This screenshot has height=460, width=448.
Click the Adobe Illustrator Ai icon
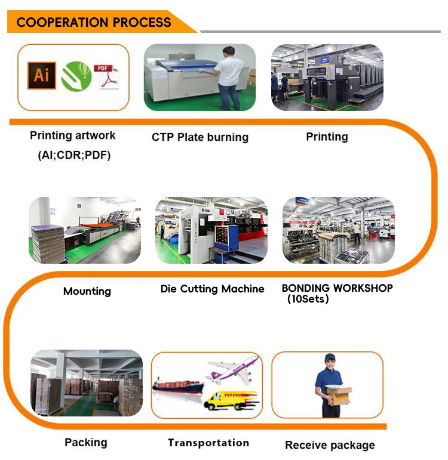[42, 76]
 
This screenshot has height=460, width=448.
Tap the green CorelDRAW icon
[76, 76]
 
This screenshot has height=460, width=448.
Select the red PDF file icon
[107, 76]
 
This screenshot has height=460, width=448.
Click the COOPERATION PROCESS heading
[94, 23]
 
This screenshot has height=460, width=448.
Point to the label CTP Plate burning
[200, 137]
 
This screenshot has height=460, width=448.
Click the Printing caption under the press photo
[327, 137]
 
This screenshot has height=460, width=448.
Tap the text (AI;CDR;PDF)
[70, 156]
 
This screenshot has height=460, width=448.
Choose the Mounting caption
[87, 291]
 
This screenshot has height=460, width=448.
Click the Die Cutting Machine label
[212, 289]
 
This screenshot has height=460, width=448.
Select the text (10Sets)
[308, 299]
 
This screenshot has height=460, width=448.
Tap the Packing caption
[86, 443]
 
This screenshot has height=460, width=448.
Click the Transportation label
[208, 443]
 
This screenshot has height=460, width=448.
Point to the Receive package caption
[330, 445]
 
